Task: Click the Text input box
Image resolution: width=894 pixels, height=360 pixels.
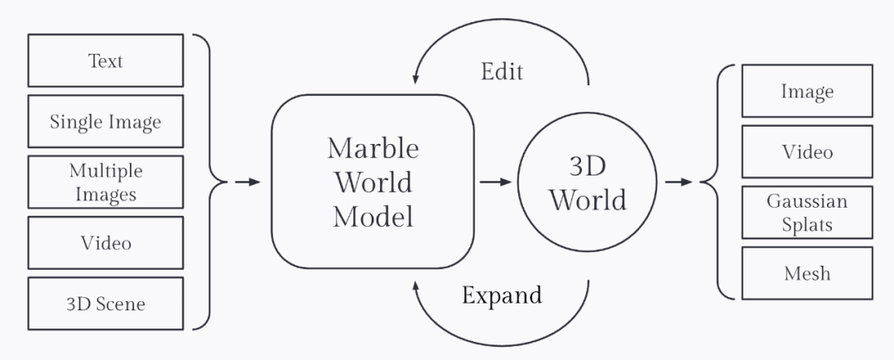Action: [x=105, y=60]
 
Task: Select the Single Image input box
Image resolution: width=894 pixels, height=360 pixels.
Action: [x=105, y=122]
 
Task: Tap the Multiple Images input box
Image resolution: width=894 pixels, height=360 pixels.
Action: [x=105, y=182]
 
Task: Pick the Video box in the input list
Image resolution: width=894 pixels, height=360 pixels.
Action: [x=105, y=243]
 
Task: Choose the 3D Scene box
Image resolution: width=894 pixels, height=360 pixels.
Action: [x=105, y=304]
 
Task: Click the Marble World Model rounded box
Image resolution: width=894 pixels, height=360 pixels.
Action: [x=373, y=182]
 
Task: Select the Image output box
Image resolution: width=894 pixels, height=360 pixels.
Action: [x=806, y=91]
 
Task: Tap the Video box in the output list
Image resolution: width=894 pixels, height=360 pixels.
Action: [x=806, y=151]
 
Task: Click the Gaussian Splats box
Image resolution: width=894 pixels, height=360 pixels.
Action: [x=806, y=213]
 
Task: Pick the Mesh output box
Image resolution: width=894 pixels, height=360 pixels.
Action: [x=806, y=273]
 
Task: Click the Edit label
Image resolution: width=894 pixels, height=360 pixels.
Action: [x=502, y=71]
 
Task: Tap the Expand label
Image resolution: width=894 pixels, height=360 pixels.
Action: [x=502, y=295]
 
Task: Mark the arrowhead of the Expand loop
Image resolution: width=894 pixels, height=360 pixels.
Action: [x=416, y=284]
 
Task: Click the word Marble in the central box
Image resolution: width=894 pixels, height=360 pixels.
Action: [x=373, y=148]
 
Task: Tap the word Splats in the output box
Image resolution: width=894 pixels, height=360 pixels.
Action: [x=806, y=223]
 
